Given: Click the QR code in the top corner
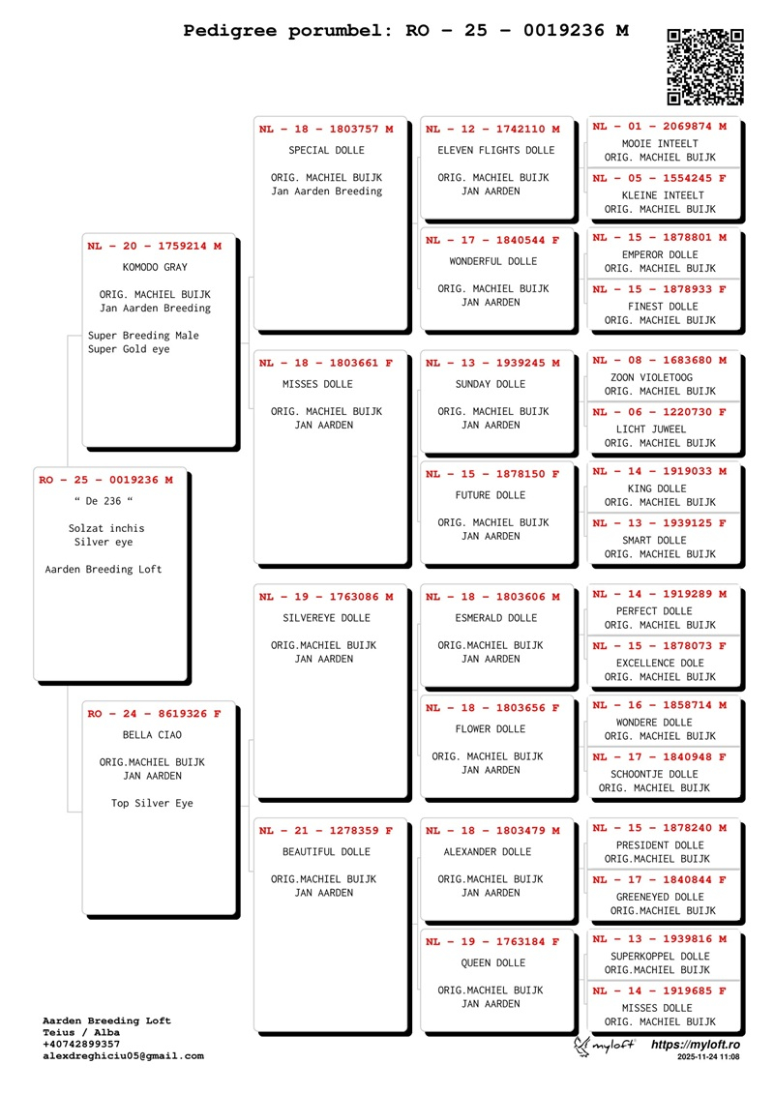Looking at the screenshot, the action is point(705,67).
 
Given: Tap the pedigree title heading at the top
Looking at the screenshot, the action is point(405,31).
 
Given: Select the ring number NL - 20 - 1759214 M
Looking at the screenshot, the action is point(154,247).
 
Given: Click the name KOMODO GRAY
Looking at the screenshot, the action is point(155,267).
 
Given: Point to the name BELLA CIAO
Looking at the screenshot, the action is point(152,735).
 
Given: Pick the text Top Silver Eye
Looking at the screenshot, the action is point(152,803).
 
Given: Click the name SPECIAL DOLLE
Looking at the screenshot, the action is point(327,150).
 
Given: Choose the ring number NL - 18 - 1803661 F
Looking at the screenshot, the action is point(326,363).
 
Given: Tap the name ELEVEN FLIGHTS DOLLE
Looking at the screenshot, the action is point(496,150).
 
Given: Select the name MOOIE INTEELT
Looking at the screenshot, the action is point(660,144).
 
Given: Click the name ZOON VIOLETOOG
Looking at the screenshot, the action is point(652,377).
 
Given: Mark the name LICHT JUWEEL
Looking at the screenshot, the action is point(651,429).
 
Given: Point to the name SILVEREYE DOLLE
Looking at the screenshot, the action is point(327,618).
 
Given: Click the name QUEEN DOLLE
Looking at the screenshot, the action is point(493,962).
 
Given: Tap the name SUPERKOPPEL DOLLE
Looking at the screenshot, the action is point(660,957).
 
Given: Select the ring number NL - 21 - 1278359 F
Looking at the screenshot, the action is point(326,831).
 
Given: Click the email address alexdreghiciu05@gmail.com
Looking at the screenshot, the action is point(124,1056).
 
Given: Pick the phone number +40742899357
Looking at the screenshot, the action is point(81,1045).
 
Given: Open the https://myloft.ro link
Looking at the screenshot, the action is point(695,1045).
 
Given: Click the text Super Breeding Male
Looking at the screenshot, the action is point(143,336).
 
